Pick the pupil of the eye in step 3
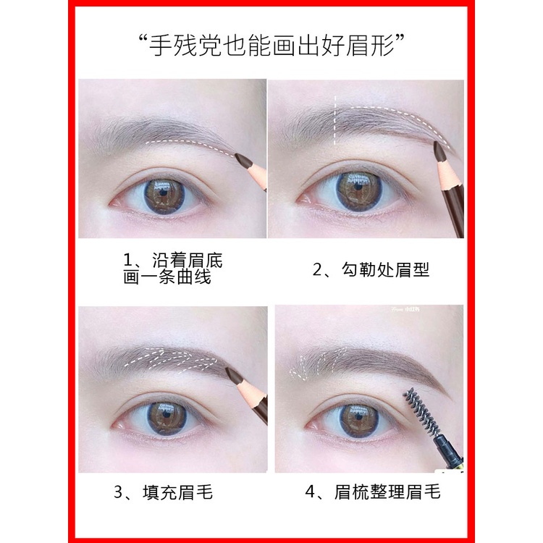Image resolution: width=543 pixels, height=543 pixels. pyautogui.click(x=164, y=418)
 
